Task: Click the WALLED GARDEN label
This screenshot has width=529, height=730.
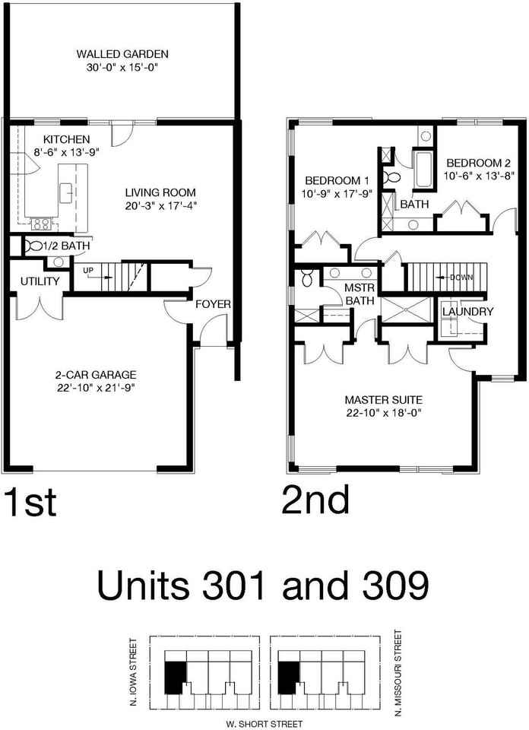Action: tap(122, 54)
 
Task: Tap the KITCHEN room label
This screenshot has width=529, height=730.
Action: tap(67, 139)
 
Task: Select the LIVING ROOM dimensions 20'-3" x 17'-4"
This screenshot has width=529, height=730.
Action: tap(160, 206)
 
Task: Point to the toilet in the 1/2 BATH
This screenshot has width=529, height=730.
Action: tap(33, 246)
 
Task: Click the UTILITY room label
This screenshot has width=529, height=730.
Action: tap(40, 281)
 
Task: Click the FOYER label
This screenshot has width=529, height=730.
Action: tap(213, 304)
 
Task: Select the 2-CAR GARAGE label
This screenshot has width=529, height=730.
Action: tap(96, 375)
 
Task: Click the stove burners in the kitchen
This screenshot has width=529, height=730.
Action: tap(41, 224)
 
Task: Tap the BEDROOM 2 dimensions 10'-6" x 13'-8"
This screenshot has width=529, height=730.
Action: tap(478, 176)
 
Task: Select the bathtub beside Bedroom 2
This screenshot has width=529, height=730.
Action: tap(423, 168)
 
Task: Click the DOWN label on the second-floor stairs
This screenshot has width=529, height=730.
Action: tap(461, 278)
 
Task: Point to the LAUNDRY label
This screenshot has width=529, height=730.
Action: tap(467, 312)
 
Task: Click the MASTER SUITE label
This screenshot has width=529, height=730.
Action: tap(384, 399)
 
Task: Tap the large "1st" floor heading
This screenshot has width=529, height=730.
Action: tap(30, 502)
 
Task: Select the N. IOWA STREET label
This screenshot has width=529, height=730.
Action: tap(134, 671)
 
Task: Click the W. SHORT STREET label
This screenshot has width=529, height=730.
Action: tap(264, 724)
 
